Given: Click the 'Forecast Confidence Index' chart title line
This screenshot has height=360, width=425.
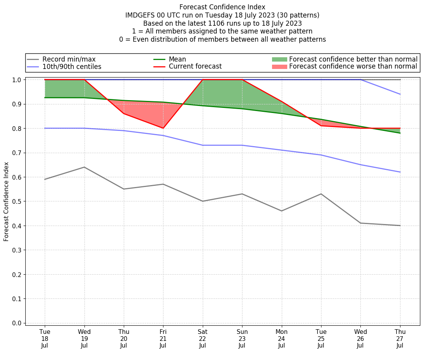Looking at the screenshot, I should point(222,7).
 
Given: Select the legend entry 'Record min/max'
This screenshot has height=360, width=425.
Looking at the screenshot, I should point(69,59).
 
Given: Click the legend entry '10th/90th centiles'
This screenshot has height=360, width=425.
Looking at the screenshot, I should point(72,67).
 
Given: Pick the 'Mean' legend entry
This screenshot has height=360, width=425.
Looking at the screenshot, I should point(177,59).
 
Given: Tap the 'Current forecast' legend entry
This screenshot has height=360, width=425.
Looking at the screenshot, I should point(195,67).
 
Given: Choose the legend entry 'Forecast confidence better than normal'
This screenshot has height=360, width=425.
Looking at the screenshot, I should point(353,59).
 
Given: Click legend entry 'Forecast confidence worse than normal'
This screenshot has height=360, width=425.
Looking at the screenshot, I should point(353,67).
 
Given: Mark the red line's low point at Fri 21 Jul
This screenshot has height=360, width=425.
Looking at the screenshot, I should point(163,128).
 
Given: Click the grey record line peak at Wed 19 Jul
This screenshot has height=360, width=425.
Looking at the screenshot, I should point(84,167).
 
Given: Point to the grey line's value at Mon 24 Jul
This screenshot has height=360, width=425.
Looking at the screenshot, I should point(281,211).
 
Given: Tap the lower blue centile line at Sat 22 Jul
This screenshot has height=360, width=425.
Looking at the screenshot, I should point(202,145).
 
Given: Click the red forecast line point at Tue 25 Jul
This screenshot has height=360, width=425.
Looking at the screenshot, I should point(321,126).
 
